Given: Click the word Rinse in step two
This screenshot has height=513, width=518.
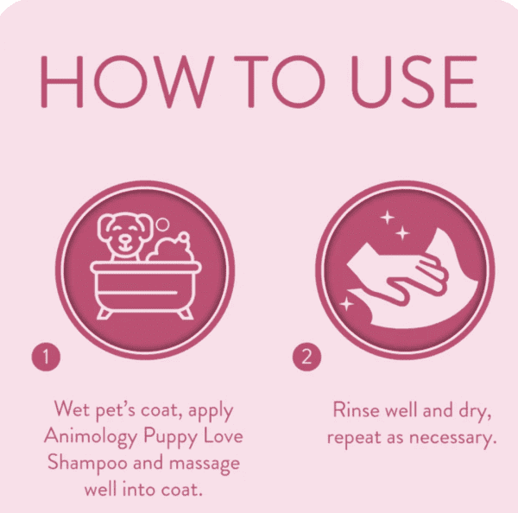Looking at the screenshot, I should coord(354,408).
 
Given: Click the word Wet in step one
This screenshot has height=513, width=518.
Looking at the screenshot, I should coord(72,408).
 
